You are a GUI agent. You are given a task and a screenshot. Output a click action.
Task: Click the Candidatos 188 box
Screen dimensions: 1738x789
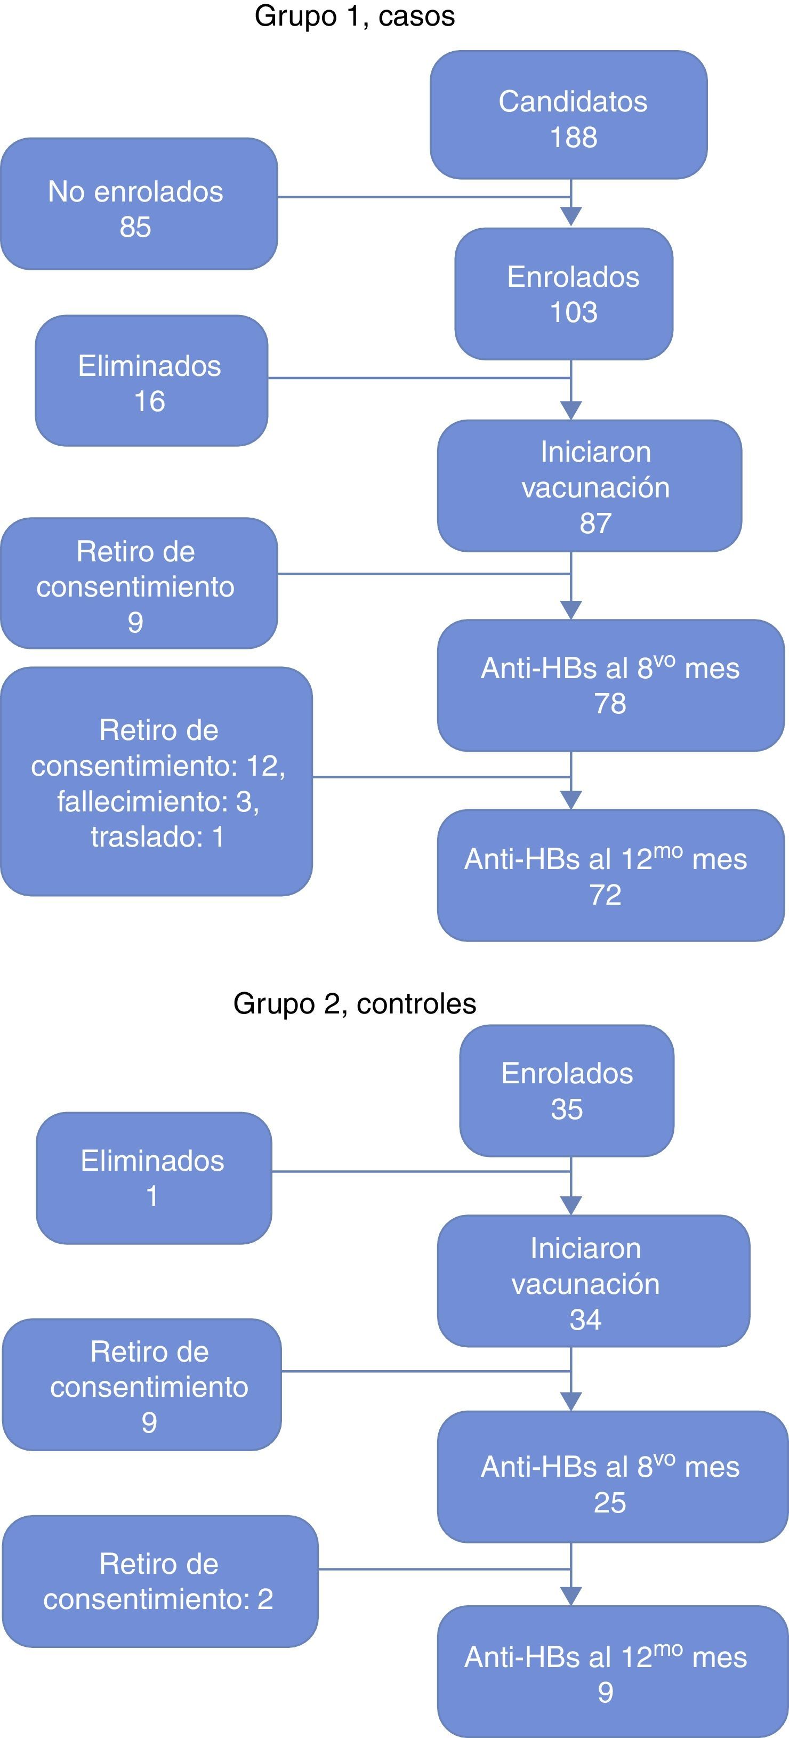[568, 115]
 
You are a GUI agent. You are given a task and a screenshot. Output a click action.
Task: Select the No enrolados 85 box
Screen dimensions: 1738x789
[139, 204]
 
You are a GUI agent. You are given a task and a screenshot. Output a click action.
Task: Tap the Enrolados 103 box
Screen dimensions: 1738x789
[563, 294]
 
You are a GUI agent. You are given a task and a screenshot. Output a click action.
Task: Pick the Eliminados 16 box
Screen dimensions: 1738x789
[151, 381]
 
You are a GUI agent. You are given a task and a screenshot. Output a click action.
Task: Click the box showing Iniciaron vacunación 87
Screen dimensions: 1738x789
[589, 486]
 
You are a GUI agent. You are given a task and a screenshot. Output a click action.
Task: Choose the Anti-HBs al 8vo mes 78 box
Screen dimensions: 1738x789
[610, 685]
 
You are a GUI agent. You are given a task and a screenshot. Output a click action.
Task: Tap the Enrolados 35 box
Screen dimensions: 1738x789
[566, 1090]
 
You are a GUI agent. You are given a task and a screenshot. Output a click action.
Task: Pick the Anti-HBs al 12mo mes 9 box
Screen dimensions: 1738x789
[612, 1671]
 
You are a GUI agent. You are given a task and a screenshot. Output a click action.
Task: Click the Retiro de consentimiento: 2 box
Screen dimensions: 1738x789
[160, 1581]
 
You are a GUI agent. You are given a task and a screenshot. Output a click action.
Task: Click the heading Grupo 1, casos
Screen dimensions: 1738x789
[355, 16]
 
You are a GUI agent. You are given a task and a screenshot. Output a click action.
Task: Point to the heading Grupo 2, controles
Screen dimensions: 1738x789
[355, 1003]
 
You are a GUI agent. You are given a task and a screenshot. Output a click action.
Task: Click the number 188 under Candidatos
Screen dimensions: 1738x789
[573, 138]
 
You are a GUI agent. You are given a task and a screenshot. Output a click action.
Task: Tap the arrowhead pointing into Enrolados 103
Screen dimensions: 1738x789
[571, 216]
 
